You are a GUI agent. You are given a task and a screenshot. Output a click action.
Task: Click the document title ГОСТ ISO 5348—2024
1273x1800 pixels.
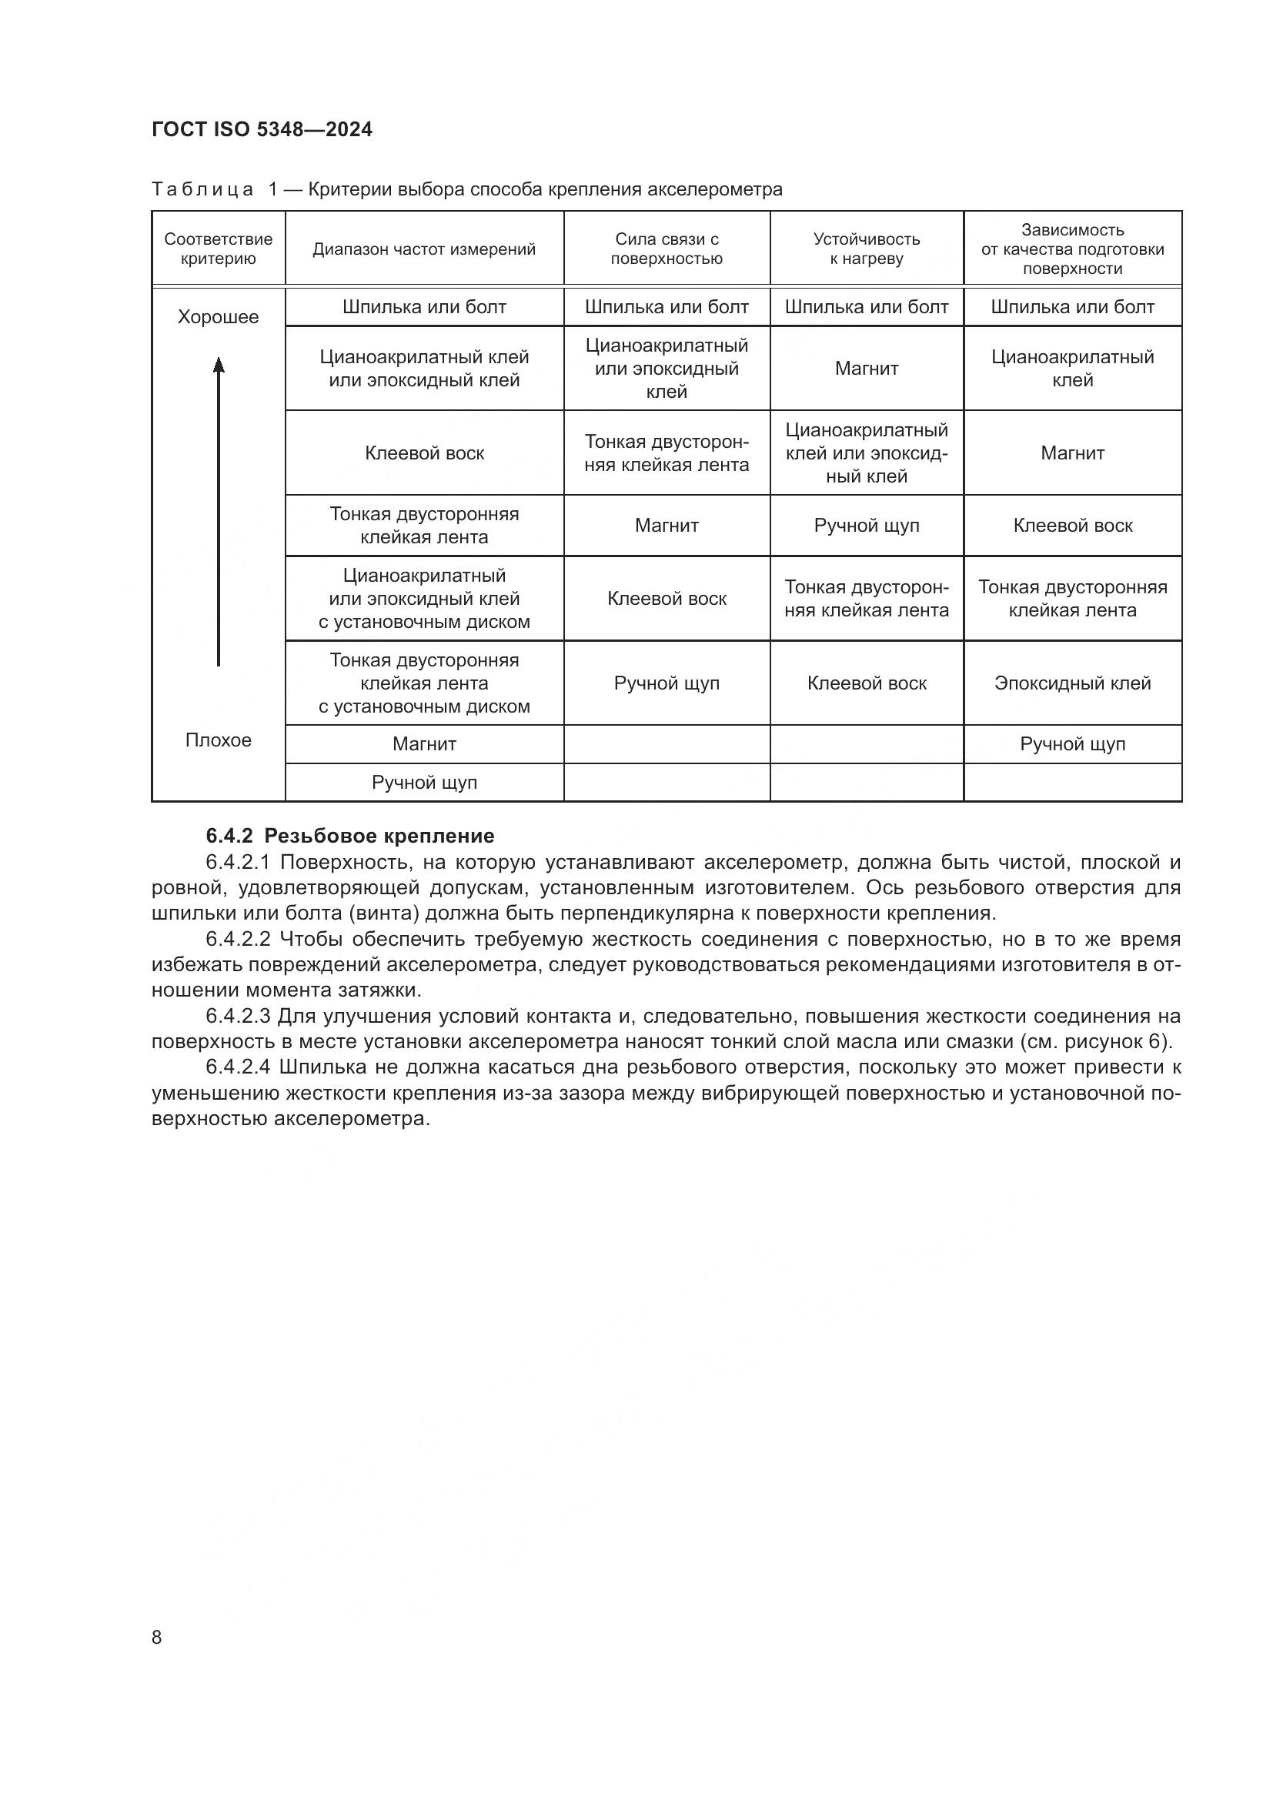[262, 129]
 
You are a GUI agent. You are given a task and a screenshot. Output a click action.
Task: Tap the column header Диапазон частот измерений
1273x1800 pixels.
[424, 249]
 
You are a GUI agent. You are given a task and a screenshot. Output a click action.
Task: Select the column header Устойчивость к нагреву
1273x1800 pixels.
[866, 249]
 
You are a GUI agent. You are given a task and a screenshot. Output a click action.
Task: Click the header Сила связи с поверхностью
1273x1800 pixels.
[667, 249]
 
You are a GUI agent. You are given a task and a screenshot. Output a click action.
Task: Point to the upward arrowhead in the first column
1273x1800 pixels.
[219, 365]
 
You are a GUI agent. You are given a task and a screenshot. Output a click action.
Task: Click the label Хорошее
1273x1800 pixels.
[218, 317]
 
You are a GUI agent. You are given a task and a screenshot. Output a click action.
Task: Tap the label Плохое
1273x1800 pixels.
[218, 740]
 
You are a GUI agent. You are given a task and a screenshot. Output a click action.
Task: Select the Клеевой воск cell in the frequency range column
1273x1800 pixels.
[424, 453]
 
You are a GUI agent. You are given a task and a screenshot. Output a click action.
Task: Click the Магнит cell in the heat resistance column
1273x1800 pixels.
[866, 369]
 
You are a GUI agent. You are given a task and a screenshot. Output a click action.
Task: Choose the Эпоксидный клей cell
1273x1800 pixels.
[1072, 683]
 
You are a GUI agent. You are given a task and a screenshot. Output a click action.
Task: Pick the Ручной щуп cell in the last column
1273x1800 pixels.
[1072, 744]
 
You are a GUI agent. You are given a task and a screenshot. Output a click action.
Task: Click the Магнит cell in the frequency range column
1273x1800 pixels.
[424, 744]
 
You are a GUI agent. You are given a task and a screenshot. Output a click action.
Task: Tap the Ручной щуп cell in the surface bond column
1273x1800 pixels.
[667, 683]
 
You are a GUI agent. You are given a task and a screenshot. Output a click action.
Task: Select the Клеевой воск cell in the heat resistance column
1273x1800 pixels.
[866, 683]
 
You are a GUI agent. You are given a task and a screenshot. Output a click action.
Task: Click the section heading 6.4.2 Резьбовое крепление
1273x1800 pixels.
[350, 836]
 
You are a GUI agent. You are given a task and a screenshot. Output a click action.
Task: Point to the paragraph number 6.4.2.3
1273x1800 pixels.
[239, 1017]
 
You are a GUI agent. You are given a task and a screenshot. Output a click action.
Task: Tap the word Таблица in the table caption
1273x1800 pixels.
[202, 190]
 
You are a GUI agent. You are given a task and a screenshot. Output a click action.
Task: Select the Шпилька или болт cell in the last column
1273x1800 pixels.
[1072, 307]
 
